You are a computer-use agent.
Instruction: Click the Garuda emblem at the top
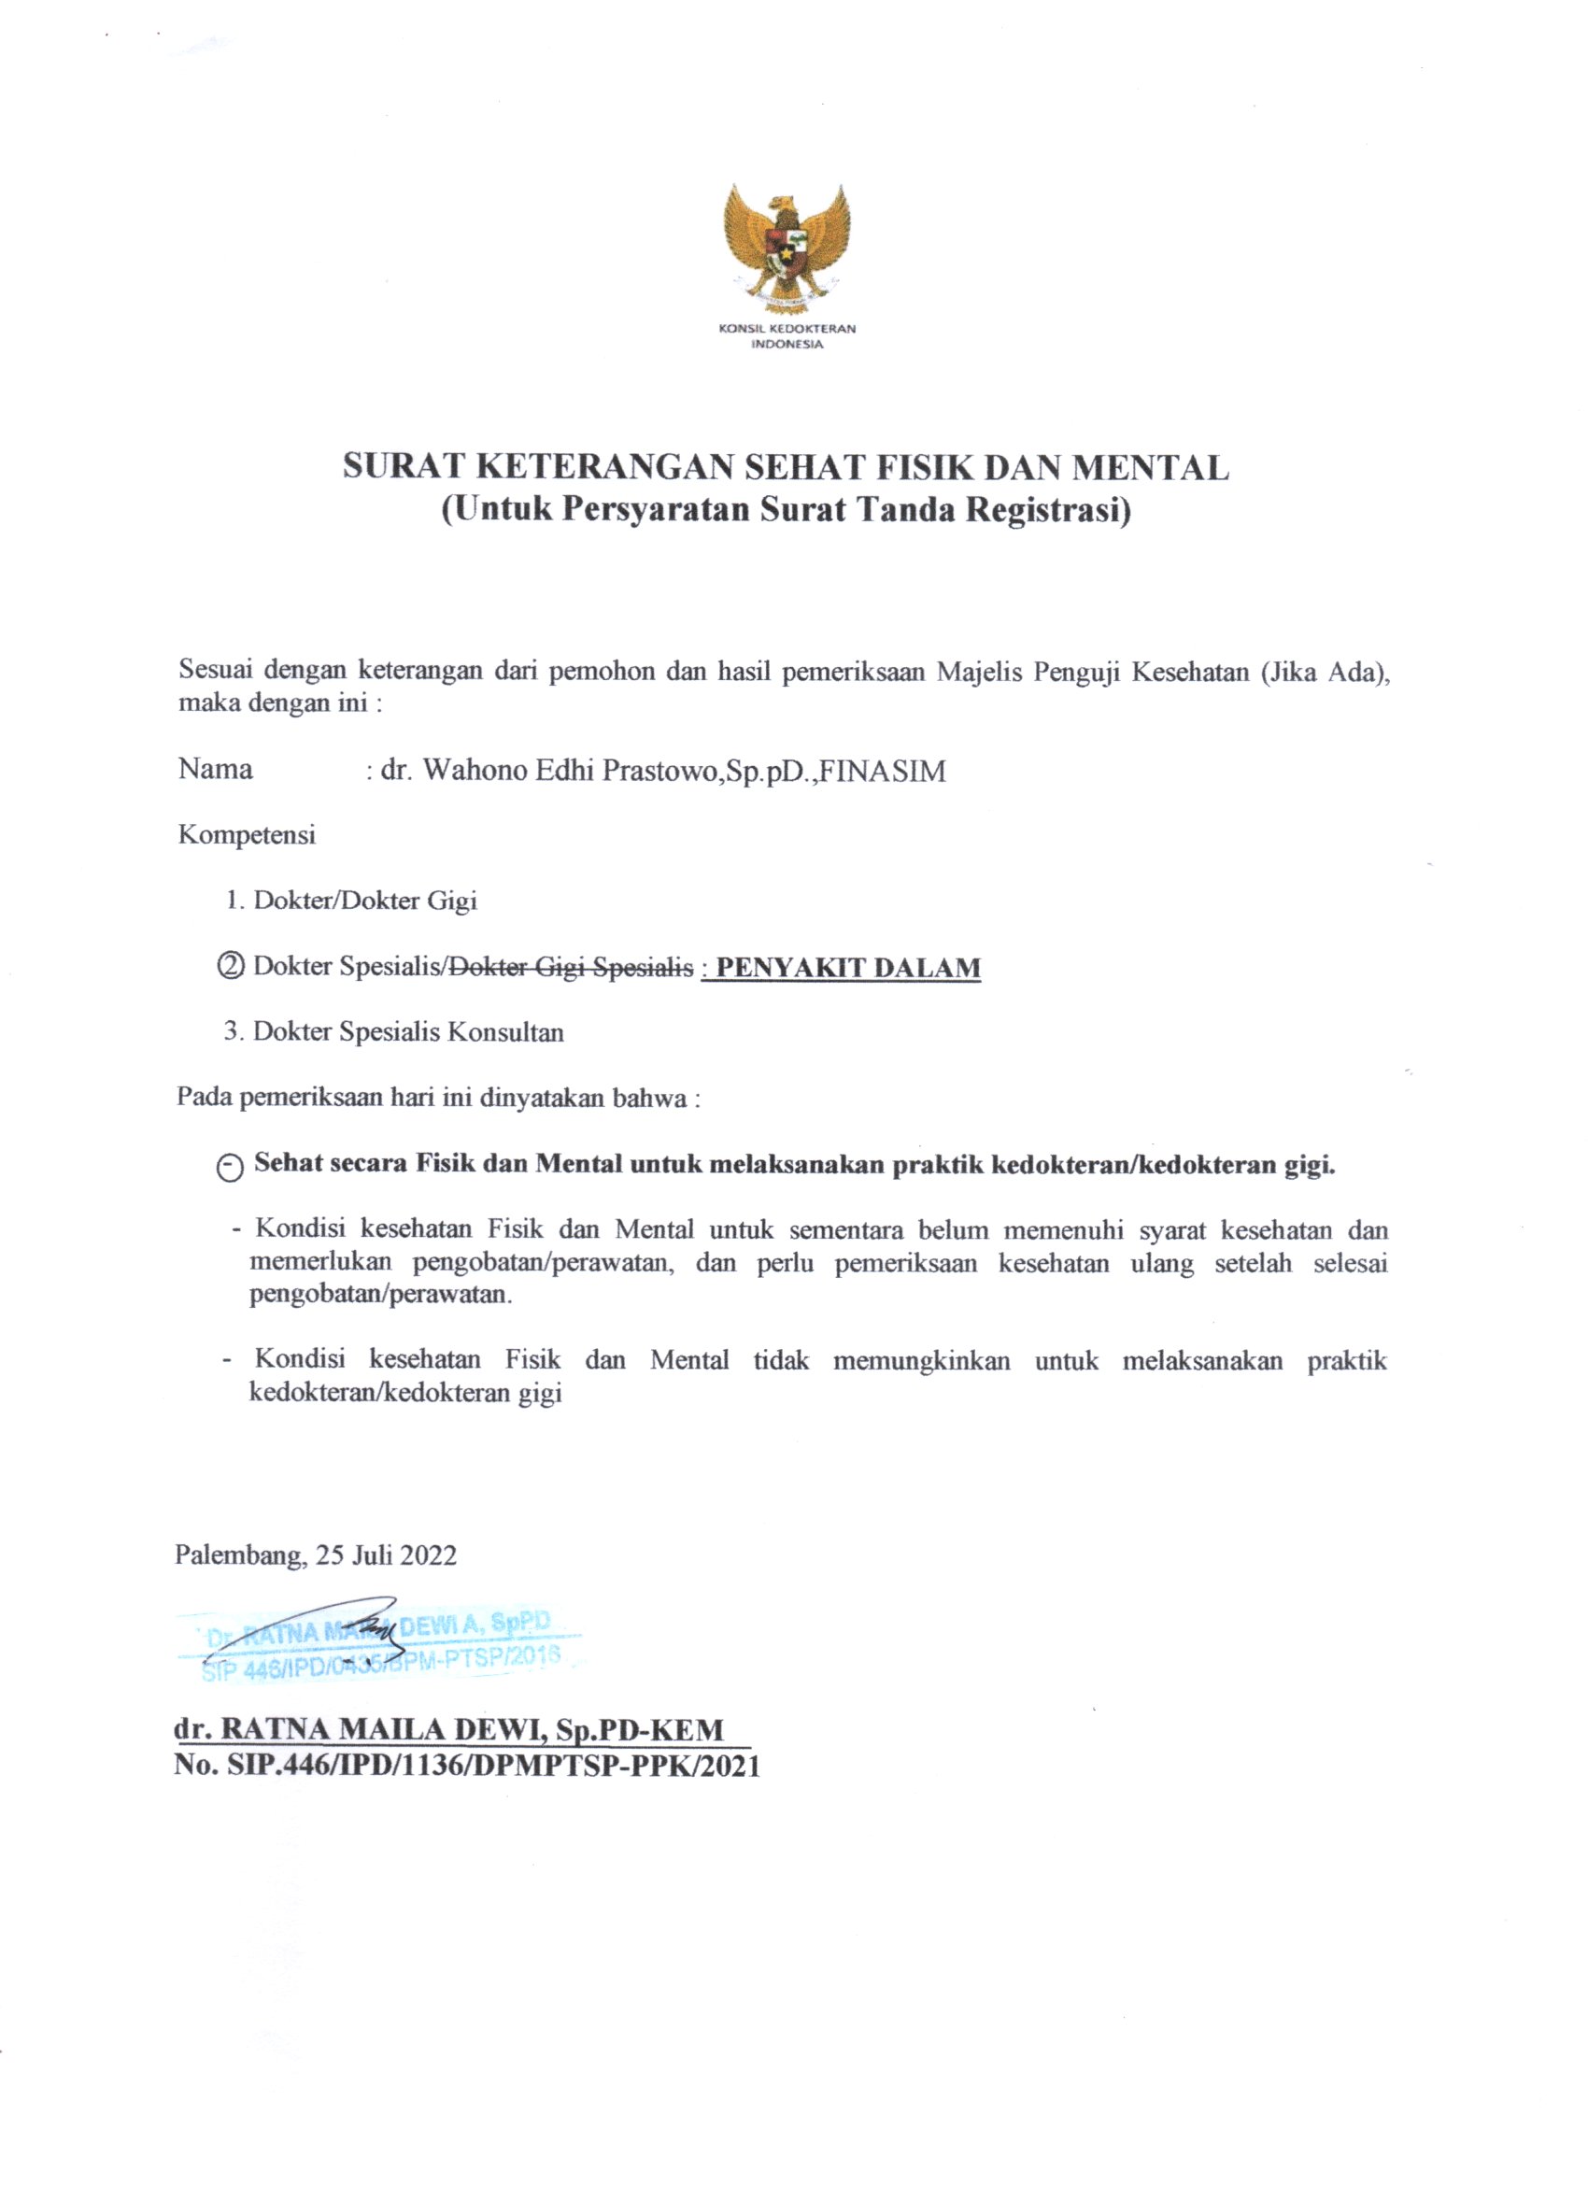tap(787, 246)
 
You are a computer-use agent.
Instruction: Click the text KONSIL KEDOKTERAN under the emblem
tap(787, 329)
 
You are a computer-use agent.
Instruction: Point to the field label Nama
tap(215, 769)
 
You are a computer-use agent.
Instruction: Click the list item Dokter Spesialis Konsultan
tap(407, 1031)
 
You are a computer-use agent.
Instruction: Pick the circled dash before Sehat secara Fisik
tap(231, 1167)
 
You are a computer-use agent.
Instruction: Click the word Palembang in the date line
tap(239, 1554)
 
